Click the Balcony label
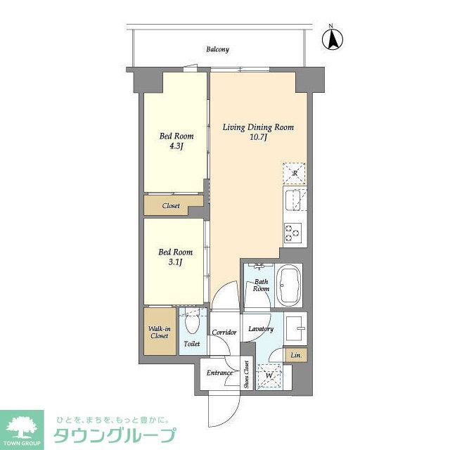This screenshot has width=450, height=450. (217, 49)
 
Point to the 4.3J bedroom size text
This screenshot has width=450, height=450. (176, 147)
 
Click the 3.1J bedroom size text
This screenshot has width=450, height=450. (176, 262)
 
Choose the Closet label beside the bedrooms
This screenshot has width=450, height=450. (171, 206)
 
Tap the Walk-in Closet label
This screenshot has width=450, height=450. (159, 332)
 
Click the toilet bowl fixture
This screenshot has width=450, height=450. (191, 324)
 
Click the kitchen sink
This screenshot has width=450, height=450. (294, 199)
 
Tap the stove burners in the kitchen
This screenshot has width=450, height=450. (292, 231)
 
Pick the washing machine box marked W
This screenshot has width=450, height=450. (269, 377)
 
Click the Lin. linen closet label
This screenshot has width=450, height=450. (296, 356)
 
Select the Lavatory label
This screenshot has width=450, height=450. (260, 329)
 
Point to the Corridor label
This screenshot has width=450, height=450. (224, 332)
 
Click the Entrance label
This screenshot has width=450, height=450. (219, 373)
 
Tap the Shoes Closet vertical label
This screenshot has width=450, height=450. (247, 374)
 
